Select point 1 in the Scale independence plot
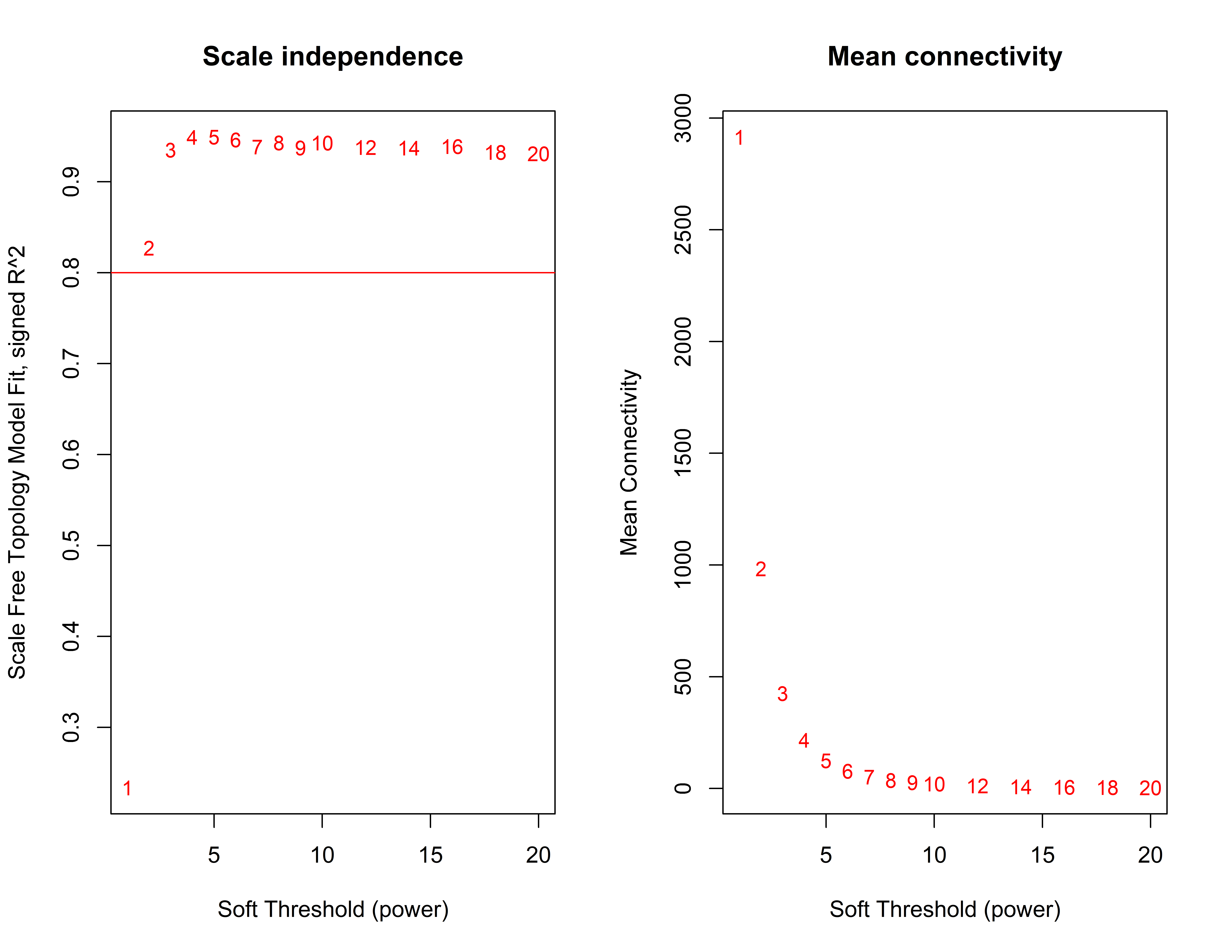(x=127, y=788)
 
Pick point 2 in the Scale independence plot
(x=149, y=248)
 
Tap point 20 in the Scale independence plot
(x=538, y=154)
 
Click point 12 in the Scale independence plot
(x=365, y=148)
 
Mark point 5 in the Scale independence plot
(x=214, y=137)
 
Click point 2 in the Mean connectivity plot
(x=761, y=569)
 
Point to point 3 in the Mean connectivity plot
(x=782, y=694)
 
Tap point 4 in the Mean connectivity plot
(x=804, y=741)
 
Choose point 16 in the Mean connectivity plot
(x=1064, y=788)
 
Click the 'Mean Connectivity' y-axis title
(x=629, y=462)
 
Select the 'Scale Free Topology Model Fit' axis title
(x=17, y=462)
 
